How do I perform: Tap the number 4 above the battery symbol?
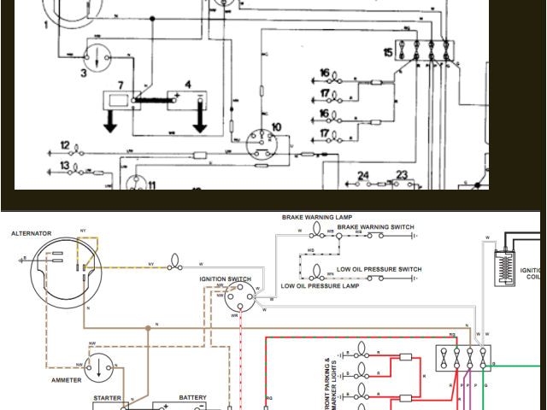point(188,84)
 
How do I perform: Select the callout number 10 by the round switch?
point(276,127)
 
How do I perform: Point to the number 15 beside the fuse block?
point(389,53)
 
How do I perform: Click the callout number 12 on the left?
point(65,146)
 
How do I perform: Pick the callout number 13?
point(65,165)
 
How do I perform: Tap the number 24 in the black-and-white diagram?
point(363,176)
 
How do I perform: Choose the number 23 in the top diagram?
point(401,175)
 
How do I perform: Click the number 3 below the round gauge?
point(84,73)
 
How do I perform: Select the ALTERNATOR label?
point(32,233)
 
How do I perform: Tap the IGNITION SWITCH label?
point(226,279)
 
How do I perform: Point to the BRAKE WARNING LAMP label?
point(317,218)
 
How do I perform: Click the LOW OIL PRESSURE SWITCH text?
point(379,270)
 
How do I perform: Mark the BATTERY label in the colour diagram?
point(192,397)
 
